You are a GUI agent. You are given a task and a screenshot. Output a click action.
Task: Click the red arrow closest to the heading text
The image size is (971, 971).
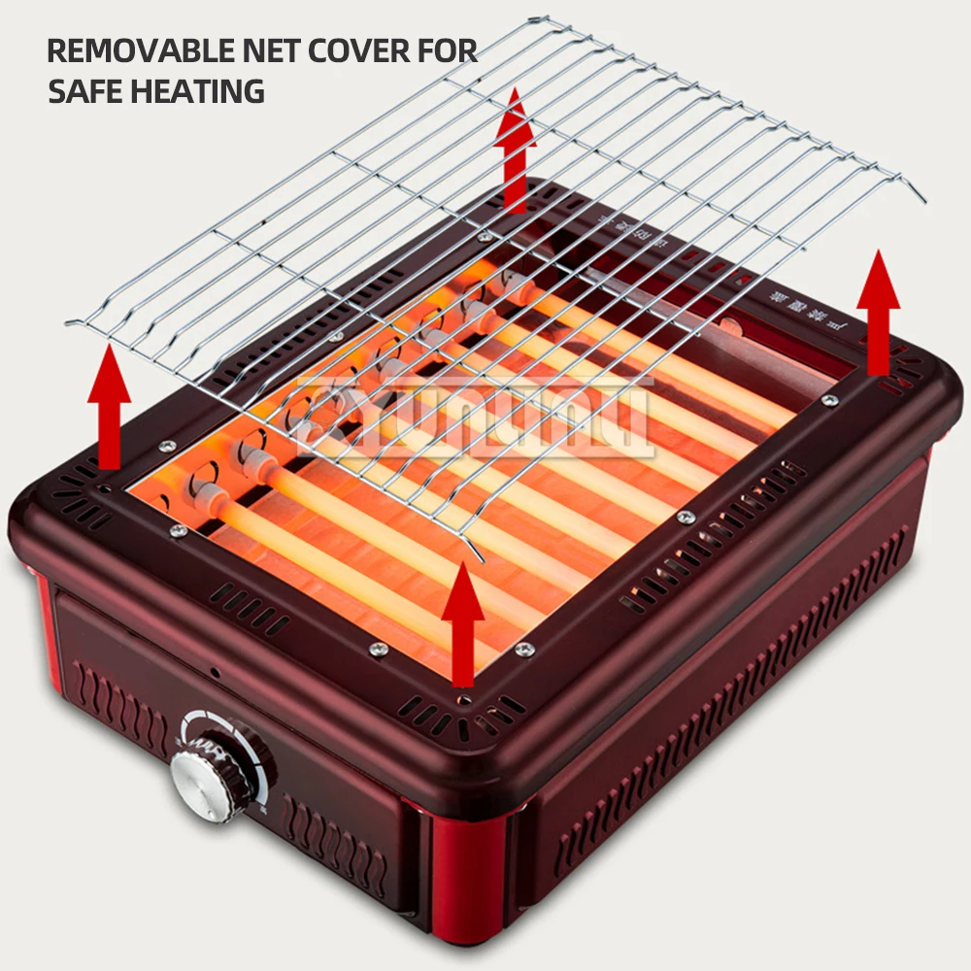[x=515, y=146]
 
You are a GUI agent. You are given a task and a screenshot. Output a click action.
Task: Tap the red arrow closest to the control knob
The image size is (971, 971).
[x=463, y=621]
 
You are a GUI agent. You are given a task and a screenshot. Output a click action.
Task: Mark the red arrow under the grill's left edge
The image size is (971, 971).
[x=109, y=398]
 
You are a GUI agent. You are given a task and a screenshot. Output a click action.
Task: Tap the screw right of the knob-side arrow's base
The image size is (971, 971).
[x=524, y=649]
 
